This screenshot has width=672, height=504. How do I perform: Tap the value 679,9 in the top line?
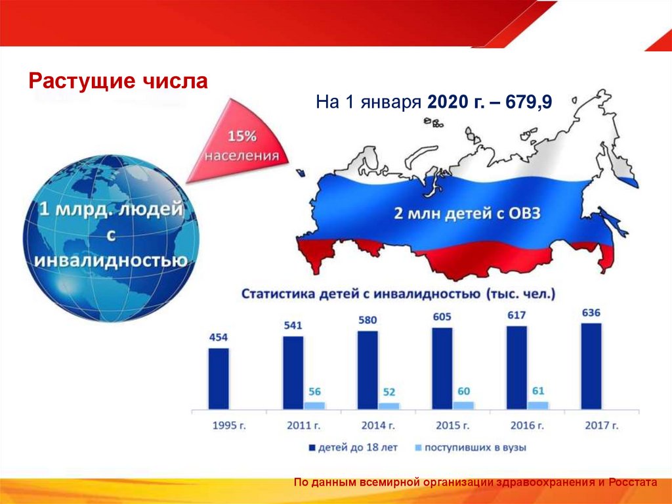point(529,103)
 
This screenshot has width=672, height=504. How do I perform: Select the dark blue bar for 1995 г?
point(219,378)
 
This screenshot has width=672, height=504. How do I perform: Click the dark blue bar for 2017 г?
point(591,365)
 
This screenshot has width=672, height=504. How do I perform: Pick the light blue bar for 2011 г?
point(314,405)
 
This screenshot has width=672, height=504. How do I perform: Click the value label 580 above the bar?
point(368,320)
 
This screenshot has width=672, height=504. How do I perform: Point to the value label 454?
point(219,338)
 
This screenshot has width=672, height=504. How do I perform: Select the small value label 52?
point(388,392)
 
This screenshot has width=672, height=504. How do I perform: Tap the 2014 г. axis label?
point(377,426)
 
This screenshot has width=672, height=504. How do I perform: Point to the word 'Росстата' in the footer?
point(633,483)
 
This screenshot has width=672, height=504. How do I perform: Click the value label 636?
point(591,312)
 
